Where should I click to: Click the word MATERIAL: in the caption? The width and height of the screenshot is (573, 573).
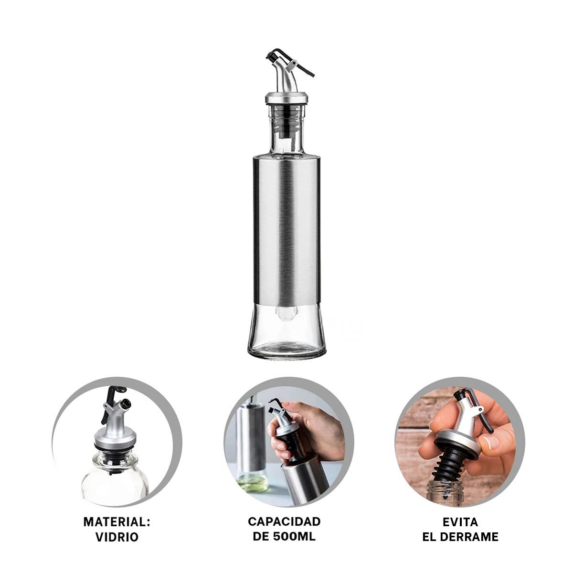click(117, 522)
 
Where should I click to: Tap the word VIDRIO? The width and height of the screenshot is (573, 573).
click(117, 537)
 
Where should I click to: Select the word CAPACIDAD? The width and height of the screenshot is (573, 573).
click(284, 521)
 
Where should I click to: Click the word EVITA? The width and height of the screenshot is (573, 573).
click(460, 522)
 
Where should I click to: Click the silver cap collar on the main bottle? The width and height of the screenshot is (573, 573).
click(286, 98)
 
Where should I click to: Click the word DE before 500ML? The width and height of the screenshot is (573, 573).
click(261, 537)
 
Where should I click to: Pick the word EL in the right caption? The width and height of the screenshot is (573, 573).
click(429, 537)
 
